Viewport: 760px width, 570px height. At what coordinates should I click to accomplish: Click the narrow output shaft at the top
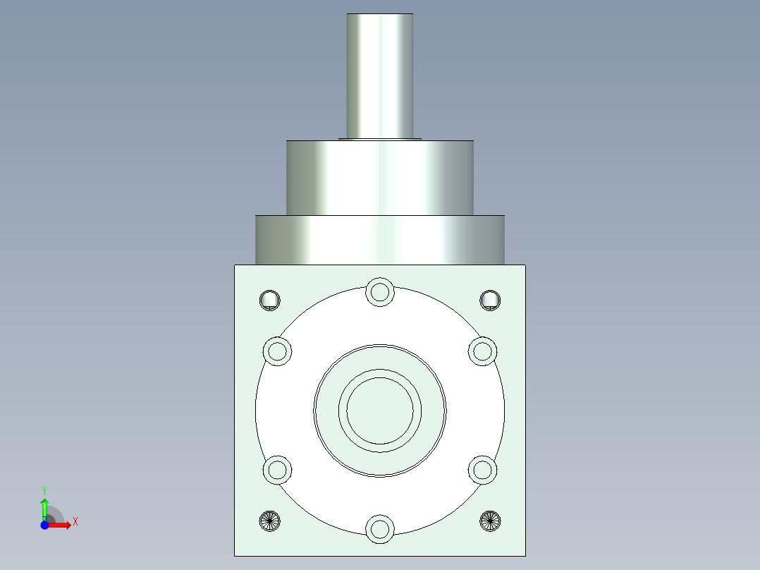tap(379, 74)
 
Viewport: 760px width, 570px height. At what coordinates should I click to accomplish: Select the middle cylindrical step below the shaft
tap(379, 176)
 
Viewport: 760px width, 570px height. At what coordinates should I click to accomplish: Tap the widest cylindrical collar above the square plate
tap(379, 240)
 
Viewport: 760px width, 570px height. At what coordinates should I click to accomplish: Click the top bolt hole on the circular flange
tap(380, 291)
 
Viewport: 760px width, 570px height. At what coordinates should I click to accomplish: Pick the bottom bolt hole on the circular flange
tap(380, 528)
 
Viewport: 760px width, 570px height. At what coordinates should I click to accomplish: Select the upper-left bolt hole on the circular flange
tap(277, 351)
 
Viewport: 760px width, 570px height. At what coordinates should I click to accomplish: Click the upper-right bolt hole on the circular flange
tap(483, 351)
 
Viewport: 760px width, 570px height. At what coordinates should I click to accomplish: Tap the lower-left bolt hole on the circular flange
tap(277, 469)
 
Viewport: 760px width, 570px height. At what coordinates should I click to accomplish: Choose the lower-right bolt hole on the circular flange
tap(483, 469)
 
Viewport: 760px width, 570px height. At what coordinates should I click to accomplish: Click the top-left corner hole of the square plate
tap(270, 300)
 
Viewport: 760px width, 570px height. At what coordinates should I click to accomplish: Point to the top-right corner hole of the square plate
tap(491, 300)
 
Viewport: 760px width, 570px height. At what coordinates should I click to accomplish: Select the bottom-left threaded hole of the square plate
tap(270, 521)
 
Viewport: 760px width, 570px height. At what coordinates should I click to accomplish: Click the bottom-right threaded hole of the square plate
tap(491, 521)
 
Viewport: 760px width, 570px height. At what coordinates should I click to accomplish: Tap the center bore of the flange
tap(380, 410)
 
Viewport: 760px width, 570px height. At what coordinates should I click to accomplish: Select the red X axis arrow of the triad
tap(63, 525)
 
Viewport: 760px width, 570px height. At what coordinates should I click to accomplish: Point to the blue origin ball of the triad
tap(44, 526)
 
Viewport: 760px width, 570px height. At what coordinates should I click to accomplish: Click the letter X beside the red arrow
tap(75, 522)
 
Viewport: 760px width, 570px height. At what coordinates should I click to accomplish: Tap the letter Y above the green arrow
tap(44, 490)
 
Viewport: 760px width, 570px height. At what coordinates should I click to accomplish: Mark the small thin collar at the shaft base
tap(379, 139)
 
